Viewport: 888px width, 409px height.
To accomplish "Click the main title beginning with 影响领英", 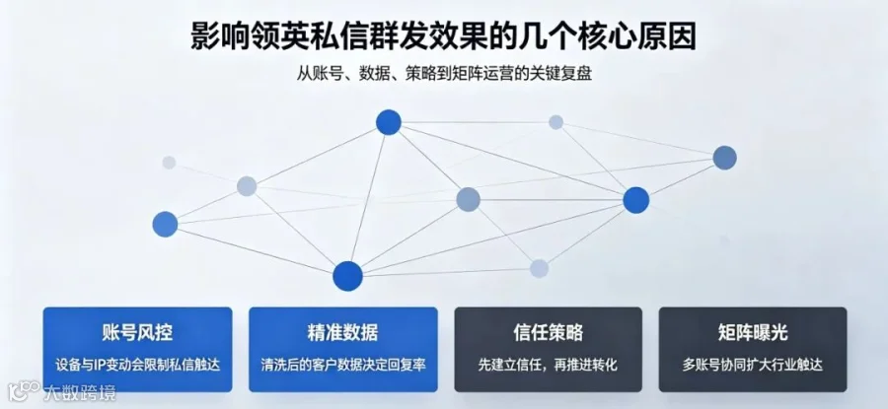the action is point(443,37).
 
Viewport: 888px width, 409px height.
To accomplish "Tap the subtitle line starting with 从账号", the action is point(444,75).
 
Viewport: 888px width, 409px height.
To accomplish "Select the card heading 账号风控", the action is point(137,333).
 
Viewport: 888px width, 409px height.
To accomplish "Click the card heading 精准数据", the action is point(342,333).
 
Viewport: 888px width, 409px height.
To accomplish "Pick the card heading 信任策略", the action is point(548,333).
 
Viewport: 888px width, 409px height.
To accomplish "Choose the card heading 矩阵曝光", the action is point(752,333).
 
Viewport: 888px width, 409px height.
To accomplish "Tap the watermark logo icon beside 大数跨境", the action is point(24,391).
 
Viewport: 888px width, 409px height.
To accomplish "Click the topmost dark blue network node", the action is point(389,122).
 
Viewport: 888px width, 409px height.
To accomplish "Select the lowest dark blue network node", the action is point(347,276).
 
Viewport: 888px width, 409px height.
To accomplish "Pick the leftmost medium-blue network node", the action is point(165,224).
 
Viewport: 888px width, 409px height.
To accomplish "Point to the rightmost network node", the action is point(724,158).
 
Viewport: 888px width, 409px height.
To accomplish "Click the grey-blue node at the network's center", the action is point(468,199).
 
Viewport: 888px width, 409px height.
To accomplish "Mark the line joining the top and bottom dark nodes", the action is point(368,198).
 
